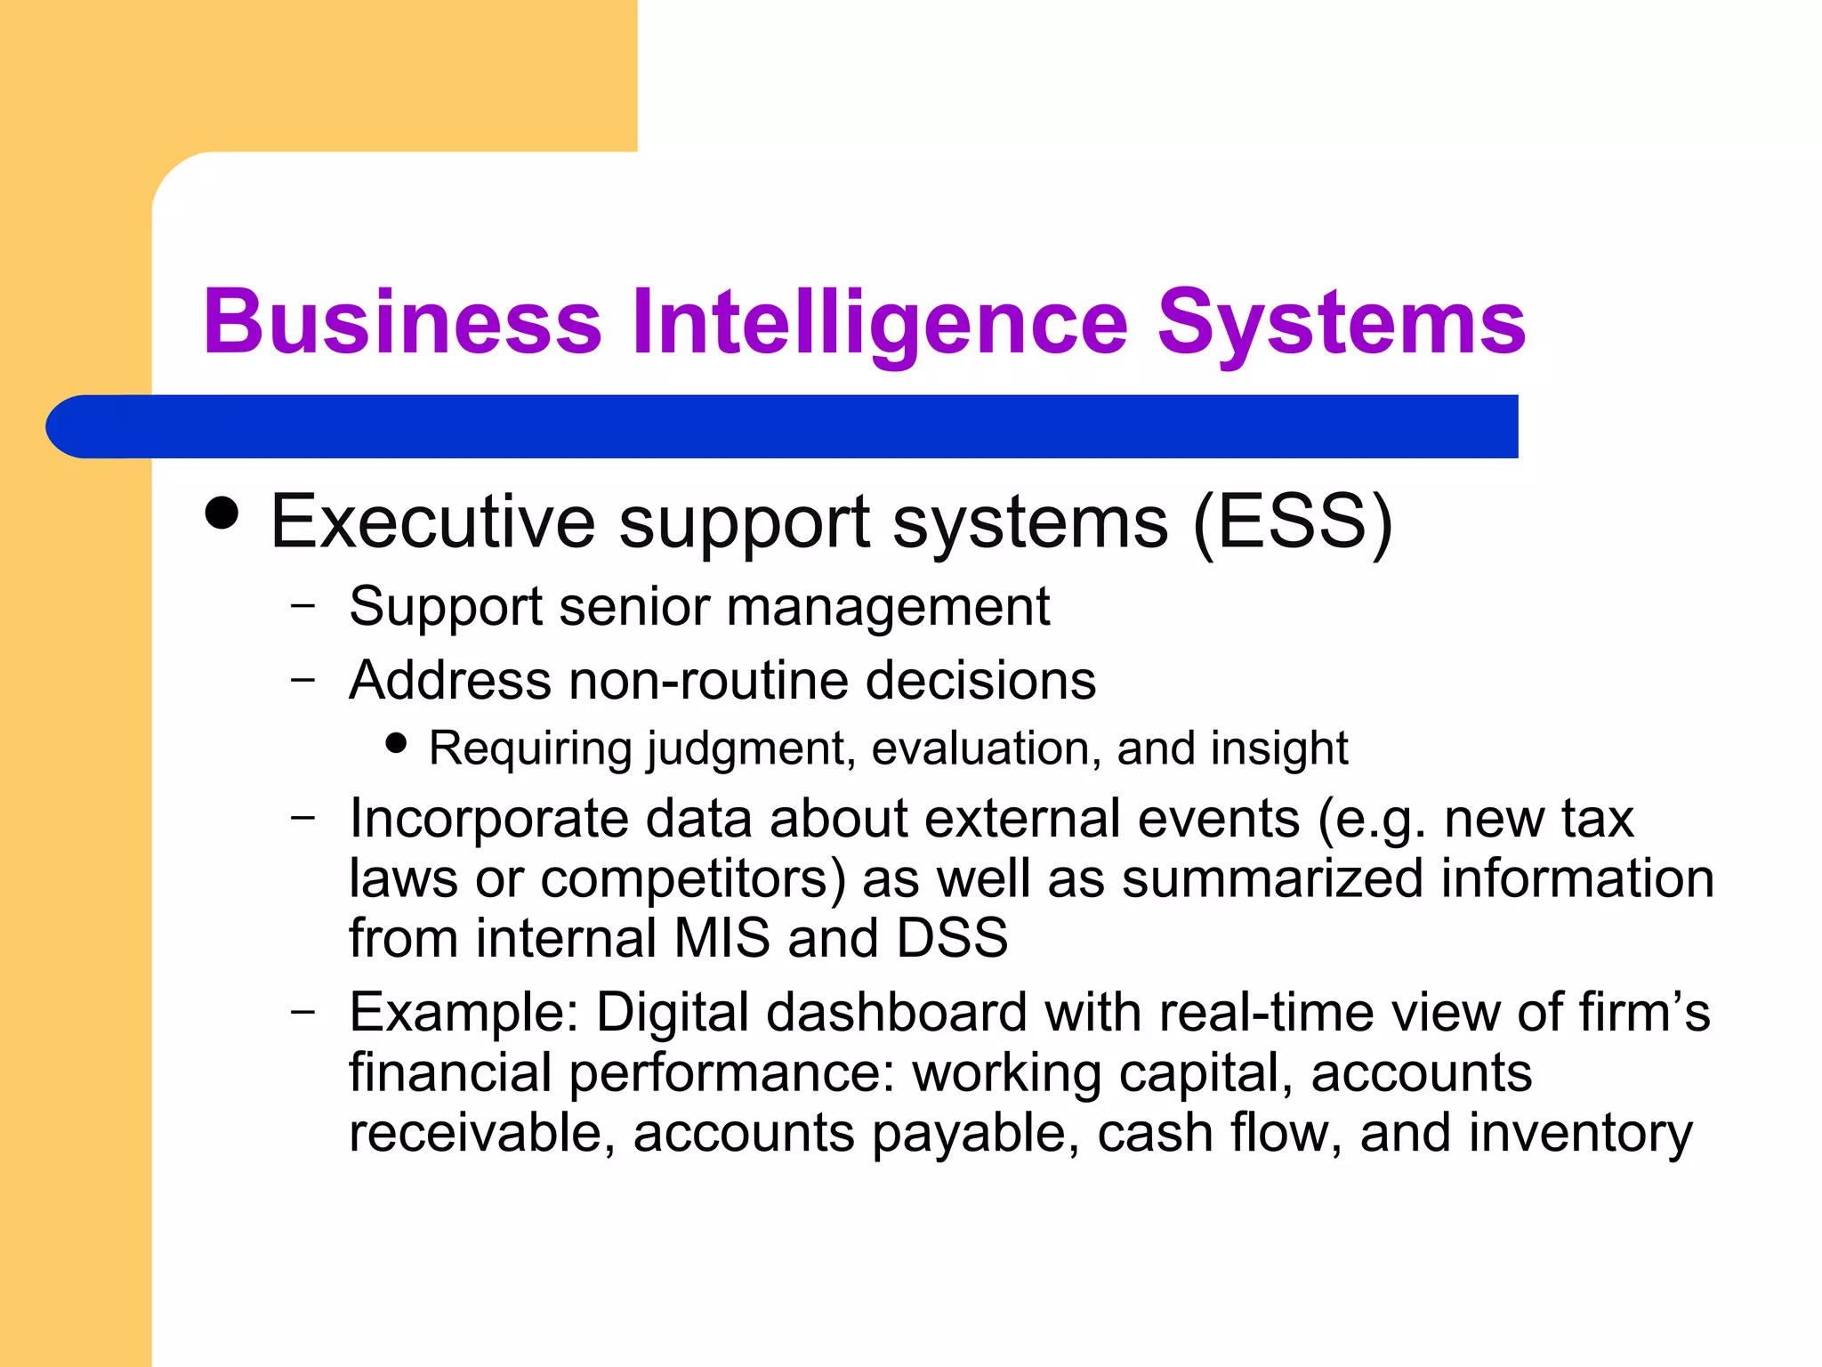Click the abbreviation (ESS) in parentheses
(x=1292, y=523)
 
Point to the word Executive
(x=432, y=522)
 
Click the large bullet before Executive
(x=222, y=514)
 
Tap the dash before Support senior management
(x=302, y=606)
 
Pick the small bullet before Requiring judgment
(x=397, y=742)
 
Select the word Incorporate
(x=488, y=819)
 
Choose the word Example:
(x=464, y=1013)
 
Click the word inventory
(x=1580, y=1134)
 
